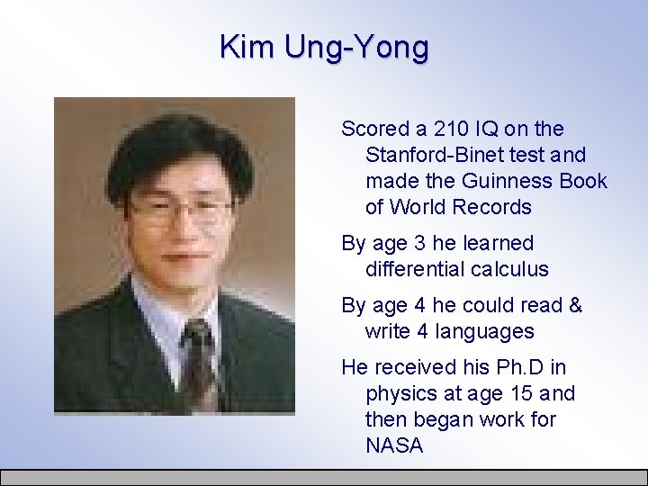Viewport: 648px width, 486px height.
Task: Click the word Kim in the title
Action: point(247,46)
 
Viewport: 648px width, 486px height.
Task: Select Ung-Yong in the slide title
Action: point(356,47)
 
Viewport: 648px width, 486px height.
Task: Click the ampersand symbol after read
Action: point(576,306)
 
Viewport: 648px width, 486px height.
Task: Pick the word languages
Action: point(485,332)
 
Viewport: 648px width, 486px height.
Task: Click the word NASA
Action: point(394,446)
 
